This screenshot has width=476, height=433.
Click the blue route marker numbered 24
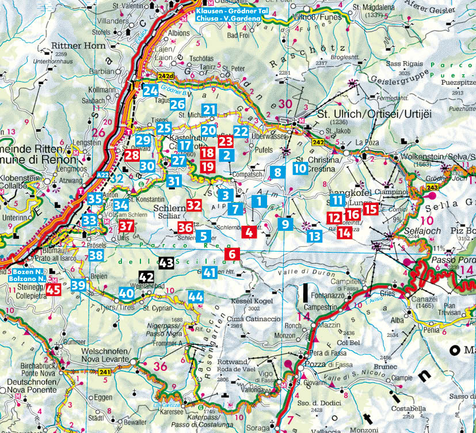151,90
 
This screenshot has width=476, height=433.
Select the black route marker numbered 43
166,263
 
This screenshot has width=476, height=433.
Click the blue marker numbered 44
196,297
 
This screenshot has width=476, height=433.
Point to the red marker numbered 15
371,210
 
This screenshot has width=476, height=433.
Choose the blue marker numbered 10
299,169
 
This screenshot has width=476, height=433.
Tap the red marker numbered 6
233,253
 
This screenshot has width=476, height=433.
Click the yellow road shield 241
104,373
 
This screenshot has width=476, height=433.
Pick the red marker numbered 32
194,204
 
